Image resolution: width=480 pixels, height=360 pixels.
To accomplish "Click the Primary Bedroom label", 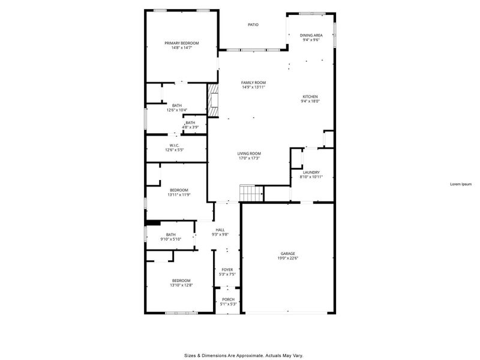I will [x=182, y=43].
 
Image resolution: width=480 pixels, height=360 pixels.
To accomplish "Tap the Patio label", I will [x=254, y=25].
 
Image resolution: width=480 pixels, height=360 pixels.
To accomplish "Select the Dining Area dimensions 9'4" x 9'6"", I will [x=310, y=40].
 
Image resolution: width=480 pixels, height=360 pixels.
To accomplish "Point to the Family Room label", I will [x=253, y=83].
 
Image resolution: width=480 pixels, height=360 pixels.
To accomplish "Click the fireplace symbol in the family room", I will [x=212, y=100].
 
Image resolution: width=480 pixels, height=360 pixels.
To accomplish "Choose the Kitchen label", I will [x=310, y=97].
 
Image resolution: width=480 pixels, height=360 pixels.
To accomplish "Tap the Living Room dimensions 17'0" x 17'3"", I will [x=249, y=158].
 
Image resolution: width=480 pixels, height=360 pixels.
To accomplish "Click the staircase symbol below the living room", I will [x=251, y=193].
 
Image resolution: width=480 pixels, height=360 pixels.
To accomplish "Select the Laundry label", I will [x=311, y=172].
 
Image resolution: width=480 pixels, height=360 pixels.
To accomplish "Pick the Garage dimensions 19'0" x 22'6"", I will [x=288, y=259].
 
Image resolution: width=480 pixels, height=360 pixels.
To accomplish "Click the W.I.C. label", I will [x=175, y=145].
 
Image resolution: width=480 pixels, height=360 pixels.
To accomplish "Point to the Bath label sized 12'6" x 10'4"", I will [x=177, y=106].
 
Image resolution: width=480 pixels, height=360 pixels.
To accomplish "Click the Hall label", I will [x=220, y=230].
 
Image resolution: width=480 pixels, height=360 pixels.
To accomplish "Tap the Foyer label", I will [x=227, y=270].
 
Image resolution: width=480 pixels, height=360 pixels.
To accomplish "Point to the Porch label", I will [x=229, y=299].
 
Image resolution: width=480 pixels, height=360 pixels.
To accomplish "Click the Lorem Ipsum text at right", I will [x=461, y=184].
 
